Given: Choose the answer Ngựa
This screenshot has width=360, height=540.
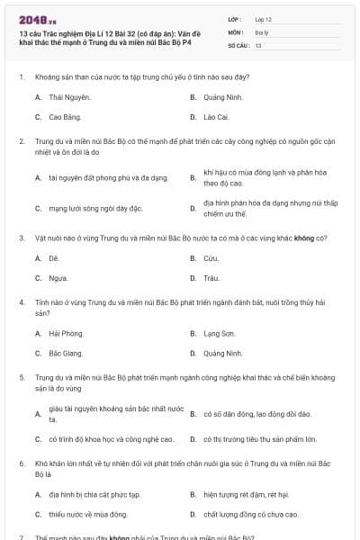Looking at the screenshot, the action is [58, 279].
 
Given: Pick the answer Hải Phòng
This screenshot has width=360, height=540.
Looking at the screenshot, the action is [66, 333].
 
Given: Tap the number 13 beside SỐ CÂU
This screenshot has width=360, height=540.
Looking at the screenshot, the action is [258, 44].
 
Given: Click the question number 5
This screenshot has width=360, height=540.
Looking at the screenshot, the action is [21, 377].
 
